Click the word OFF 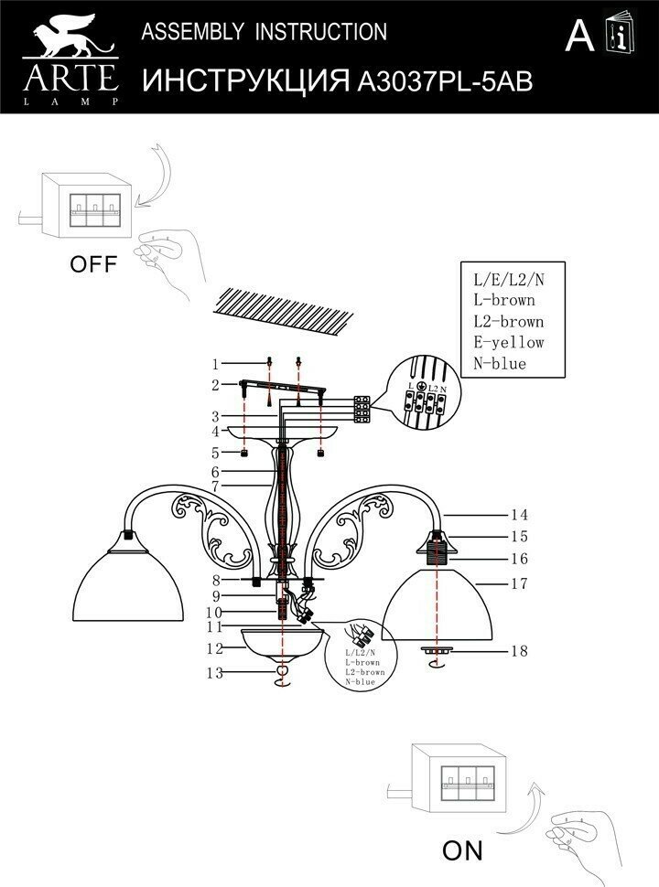tap(94, 265)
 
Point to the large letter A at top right tap(579, 36)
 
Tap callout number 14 tap(520, 515)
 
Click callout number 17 tap(520, 582)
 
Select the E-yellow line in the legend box tap(508, 342)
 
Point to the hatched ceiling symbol tap(283, 307)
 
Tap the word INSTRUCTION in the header tap(320, 33)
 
